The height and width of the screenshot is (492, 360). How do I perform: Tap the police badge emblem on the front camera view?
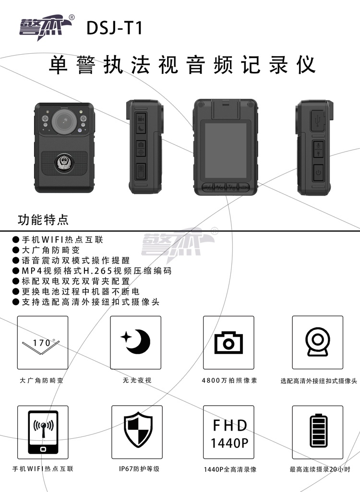click(x=64, y=163)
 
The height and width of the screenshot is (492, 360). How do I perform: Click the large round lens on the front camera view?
click(x=64, y=120)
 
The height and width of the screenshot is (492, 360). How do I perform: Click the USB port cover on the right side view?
click(x=318, y=120)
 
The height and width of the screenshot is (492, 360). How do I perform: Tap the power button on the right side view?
click(x=318, y=173)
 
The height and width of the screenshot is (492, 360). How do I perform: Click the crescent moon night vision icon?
click(x=136, y=342)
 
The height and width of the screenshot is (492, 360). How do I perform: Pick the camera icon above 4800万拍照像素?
click(x=228, y=342)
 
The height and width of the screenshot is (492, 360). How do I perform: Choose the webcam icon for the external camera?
click(x=318, y=342)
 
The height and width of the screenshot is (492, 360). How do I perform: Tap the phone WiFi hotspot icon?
click(x=43, y=432)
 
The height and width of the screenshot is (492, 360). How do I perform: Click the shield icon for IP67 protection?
click(x=138, y=433)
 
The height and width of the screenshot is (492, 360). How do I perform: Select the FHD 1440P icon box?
click(x=228, y=432)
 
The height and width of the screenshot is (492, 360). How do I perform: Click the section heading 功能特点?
click(x=43, y=219)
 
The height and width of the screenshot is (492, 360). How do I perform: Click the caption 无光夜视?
click(x=137, y=380)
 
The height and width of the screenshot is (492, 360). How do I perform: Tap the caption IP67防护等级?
click(x=139, y=469)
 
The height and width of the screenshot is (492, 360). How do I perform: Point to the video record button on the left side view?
click(x=141, y=119)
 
